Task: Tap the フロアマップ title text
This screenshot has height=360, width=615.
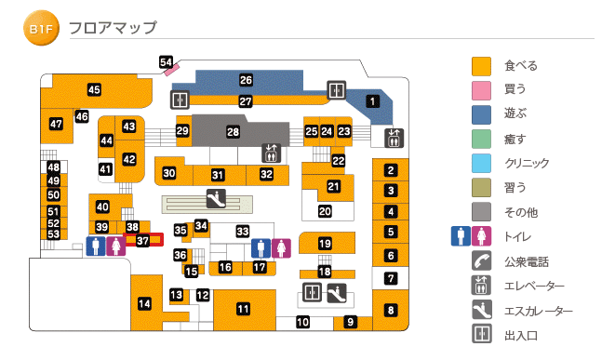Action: [x=113, y=29]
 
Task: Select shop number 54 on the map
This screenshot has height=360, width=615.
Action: [x=167, y=62]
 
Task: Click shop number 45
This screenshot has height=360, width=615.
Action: [x=94, y=89]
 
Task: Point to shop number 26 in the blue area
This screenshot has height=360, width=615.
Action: [x=246, y=80]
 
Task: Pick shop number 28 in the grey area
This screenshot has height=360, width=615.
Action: [x=233, y=132]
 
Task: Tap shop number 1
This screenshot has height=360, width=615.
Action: [x=373, y=101]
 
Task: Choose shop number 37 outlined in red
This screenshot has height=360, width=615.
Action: [x=142, y=240]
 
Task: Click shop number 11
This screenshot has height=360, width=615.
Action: [x=243, y=309]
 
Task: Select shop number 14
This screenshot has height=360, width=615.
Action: [x=144, y=303]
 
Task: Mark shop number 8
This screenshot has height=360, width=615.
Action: [x=391, y=310]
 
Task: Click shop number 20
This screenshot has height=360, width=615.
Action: [x=325, y=211]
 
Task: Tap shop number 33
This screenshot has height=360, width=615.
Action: [x=243, y=230]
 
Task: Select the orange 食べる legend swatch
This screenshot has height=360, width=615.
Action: [x=481, y=66]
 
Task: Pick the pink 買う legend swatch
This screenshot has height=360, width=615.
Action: [x=481, y=90]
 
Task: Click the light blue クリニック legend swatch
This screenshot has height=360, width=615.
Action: [x=481, y=163]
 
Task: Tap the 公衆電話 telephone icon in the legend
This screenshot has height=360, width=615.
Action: [x=481, y=261]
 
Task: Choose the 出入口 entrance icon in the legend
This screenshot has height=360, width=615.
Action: [x=481, y=334]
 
